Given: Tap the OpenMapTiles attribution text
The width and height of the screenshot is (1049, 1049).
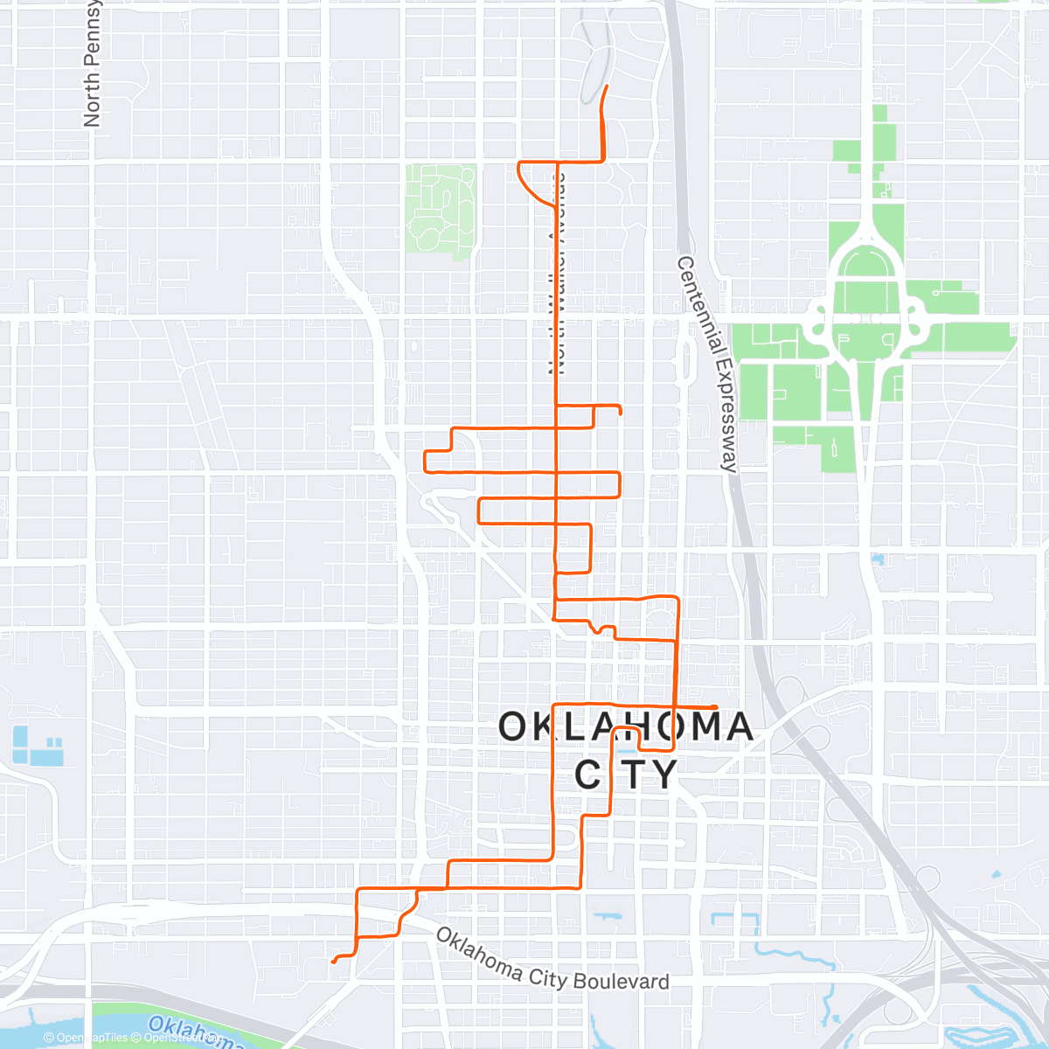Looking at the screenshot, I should [x=87, y=1038].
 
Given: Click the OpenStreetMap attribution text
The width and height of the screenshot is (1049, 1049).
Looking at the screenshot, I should [x=179, y=1038].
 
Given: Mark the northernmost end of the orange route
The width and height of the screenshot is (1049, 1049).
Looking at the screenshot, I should [x=608, y=86].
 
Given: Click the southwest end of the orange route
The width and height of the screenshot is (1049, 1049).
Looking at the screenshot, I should [x=333, y=962].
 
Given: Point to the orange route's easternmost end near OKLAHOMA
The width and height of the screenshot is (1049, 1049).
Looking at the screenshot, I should [x=716, y=706].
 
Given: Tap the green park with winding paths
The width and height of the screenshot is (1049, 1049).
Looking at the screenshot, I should [x=440, y=210].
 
